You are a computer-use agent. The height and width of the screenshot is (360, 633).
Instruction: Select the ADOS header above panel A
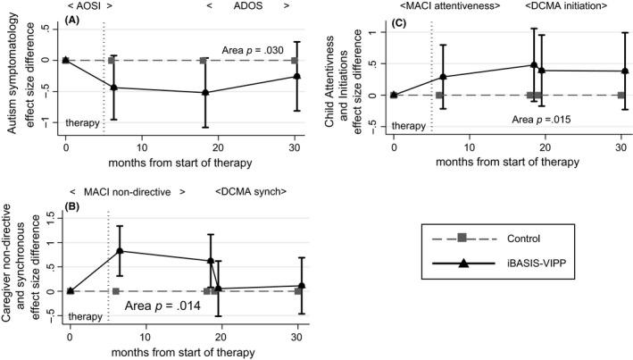pyautogui.click(x=247, y=5)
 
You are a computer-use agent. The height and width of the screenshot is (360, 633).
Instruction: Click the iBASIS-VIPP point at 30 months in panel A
pyautogui.click(x=295, y=76)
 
